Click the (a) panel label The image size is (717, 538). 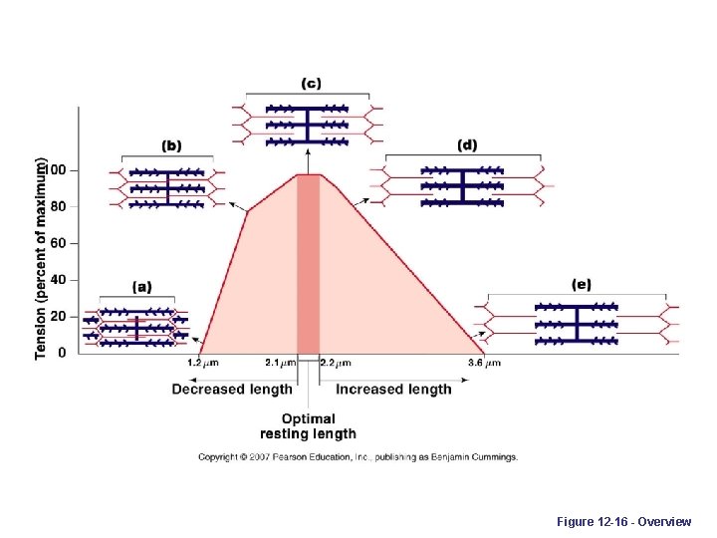coord(141,286)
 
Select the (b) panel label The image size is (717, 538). coord(171,145)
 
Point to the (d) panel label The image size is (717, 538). coord(467,145)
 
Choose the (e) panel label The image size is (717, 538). coord(581,285)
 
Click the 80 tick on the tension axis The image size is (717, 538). coord(59,206)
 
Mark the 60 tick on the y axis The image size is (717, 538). coord(59,243)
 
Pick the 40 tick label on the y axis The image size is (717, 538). coord(59,280)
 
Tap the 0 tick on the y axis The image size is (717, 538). coord(63,353)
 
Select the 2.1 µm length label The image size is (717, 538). coord(281,363)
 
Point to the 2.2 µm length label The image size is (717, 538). coord(336,363)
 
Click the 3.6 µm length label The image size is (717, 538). coord(484,363)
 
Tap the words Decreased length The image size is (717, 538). coord(232,390)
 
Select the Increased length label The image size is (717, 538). coord(393,390)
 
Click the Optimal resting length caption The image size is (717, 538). coord(308,426)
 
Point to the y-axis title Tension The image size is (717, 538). coord(41,257)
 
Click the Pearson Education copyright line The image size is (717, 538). coord(358,457)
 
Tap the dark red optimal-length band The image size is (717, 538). coord(308,264)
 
